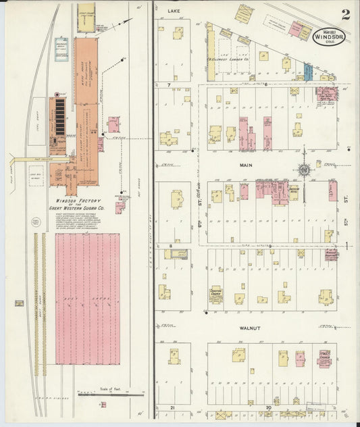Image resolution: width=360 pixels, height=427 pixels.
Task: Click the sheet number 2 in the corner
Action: click(x=345, y=14)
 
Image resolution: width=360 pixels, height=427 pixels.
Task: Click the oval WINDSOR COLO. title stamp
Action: click(x=329, y=35)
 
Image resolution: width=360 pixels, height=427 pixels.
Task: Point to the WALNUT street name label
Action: click(x=251, y=328)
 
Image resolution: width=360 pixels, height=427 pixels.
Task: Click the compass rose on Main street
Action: click(x=305, y=170)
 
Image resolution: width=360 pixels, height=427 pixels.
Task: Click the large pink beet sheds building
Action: click(x=87, y=298)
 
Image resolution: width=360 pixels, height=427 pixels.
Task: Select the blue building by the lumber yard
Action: click(x=307, y=71)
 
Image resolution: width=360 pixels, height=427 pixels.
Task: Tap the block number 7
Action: click(x=168, y=84)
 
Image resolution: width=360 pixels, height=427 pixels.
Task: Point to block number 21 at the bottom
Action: click(x=173, y=407)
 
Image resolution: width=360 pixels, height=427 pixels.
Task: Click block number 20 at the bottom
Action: click(x=268, y=407)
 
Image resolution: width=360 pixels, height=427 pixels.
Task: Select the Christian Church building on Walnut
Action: click(x=215, y=293)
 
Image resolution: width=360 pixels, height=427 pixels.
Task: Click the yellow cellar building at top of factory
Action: click(x=86, y=19)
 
